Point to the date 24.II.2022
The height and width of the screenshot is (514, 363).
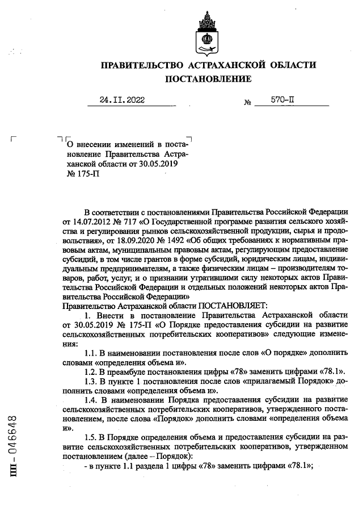pyautogui.click(x=122, y=100)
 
